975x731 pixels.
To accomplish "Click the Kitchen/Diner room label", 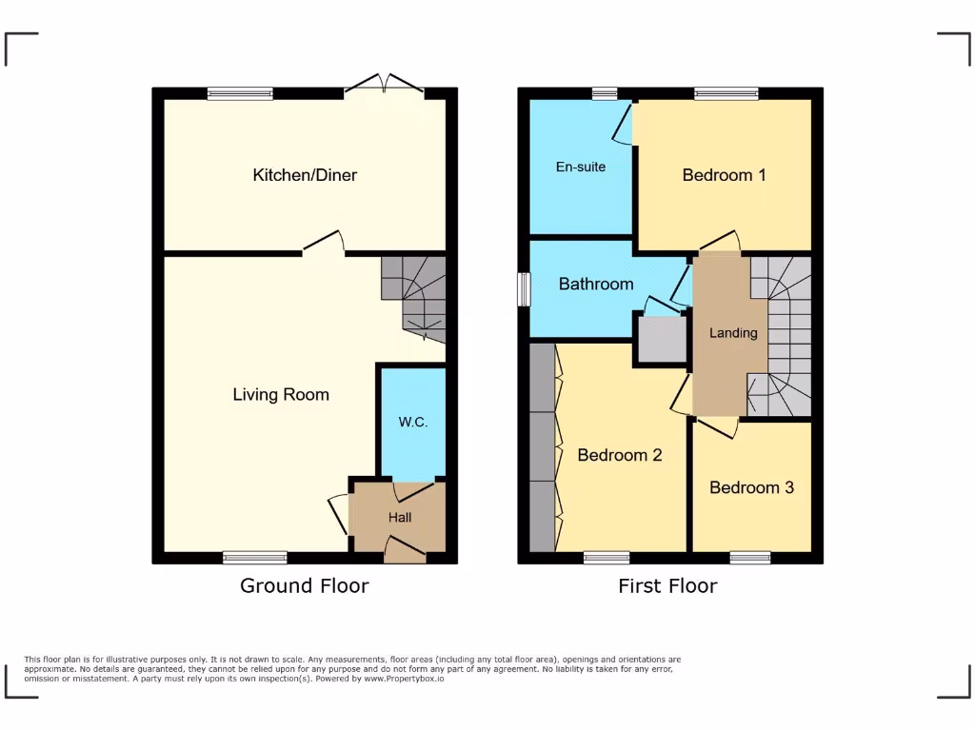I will click(x=305, y=175).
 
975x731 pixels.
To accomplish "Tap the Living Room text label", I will click(x=281, y=394).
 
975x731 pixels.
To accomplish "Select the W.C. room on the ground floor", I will click(x=413, y=422).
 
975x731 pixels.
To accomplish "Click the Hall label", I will click(x=400, y=518).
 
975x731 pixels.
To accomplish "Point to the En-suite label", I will click(x=581, y=167).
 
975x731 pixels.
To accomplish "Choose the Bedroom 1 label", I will click(x=724, y=175).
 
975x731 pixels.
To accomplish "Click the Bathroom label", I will click(x=596, y=284).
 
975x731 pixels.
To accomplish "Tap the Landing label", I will click(x=733, y=333).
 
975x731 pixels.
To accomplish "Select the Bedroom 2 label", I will click(x=620, y=455).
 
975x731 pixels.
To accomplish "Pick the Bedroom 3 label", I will click(x=751, y=487).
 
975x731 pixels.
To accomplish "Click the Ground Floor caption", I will click(x=304, y=585).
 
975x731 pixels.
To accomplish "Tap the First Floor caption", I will click(x=667, y=585).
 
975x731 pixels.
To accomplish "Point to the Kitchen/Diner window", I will click(x=240, y=93).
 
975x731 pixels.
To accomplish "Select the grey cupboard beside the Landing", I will click(x=662, y=339).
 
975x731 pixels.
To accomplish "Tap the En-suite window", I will click(x=604, y=93).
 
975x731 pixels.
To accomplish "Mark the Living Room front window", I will click(x=255, y=558).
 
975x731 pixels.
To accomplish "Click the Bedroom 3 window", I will click(x=750, y=558).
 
